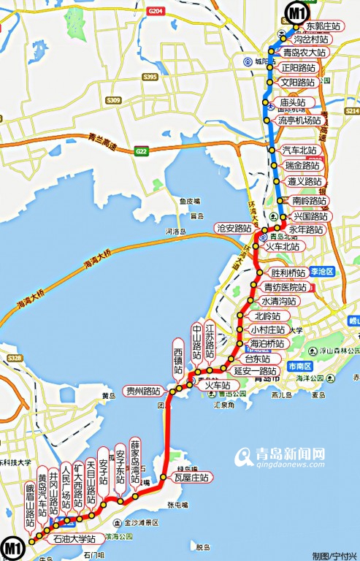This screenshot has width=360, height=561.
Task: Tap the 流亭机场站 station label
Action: click(x=299, y=120)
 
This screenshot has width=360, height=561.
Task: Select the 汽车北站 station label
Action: click(x=299, y=150)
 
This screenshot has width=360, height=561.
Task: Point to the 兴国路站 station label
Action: click(x=311, y=217)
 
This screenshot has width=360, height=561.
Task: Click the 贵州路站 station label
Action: click(x=142, y=389)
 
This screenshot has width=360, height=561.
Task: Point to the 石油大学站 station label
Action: click(x=74, y=539)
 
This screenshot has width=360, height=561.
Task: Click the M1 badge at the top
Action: click(x=296, y=12)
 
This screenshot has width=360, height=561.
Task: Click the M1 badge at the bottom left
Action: click(x=11, y=547)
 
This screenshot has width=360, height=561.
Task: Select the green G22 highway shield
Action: click(x=141, y=151)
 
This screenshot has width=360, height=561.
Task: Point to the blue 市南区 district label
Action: click(x=299, y=365)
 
